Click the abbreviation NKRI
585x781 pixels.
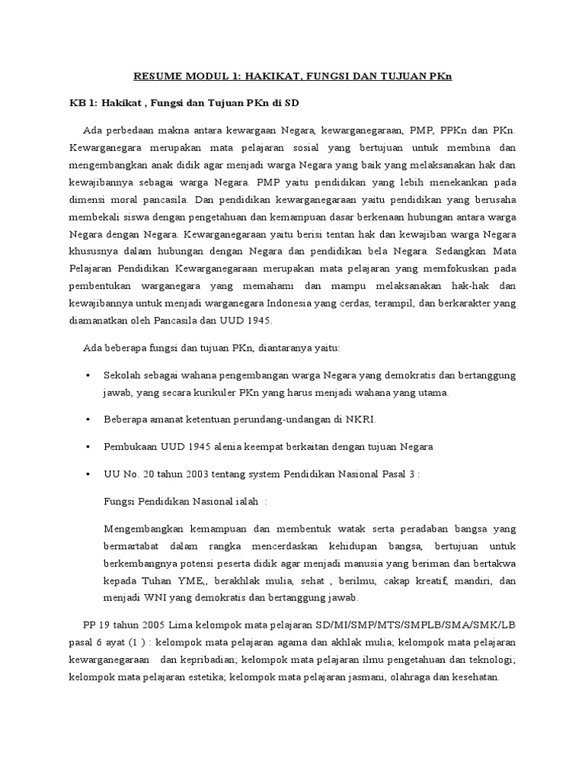click(x=362, y=419)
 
